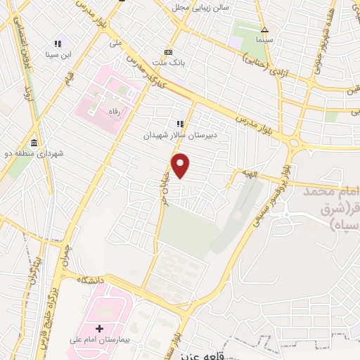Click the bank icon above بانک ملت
click(169, 53)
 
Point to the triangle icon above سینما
click(265, 30)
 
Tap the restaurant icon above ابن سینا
click(58, 44)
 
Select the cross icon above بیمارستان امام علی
click(99, 328)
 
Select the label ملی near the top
click(117, 42)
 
